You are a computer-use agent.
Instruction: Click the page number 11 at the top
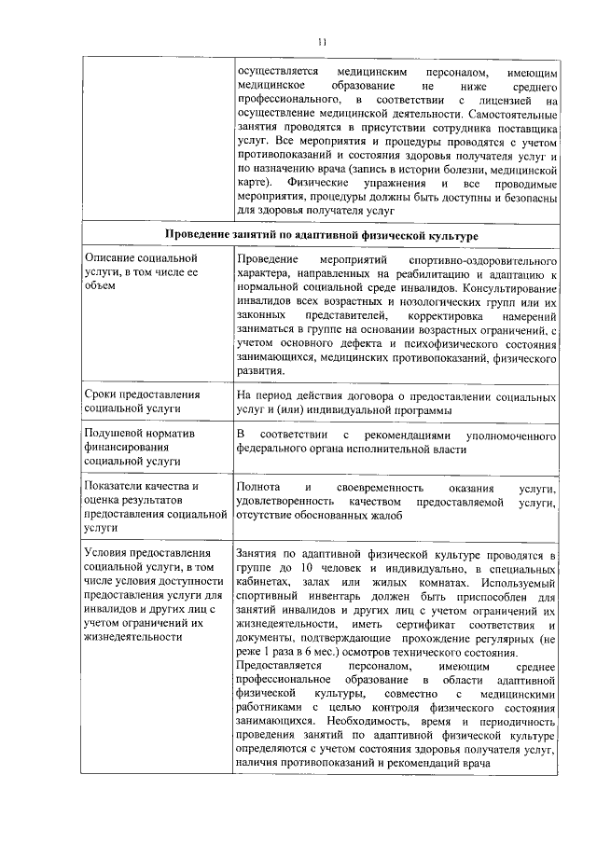(x=323, y=42)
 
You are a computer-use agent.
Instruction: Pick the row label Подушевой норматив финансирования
(x=132, y=448)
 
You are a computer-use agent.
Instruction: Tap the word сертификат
(x=416, y=624)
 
